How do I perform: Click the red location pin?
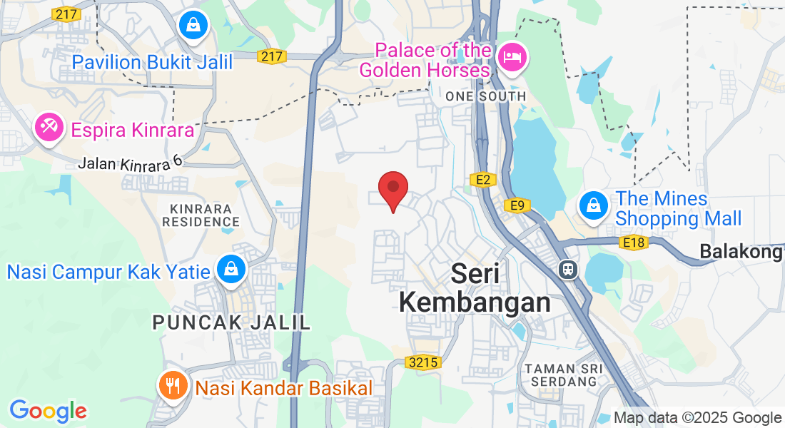(392, 189)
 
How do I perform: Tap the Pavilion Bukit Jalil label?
(152, 62)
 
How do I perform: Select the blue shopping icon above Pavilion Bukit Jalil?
(193, 25)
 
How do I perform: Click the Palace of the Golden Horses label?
(425, 61)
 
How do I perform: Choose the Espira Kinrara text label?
(132, 131)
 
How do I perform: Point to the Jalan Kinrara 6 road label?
(130, 163)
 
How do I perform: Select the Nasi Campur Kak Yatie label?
(108, 272)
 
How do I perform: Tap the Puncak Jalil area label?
(232, 322)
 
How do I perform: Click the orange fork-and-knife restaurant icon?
(172, 387)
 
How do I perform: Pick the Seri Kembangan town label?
(475, 288)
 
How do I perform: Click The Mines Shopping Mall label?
(678, 208)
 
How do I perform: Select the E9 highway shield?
(517, 206)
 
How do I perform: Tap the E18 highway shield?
(634, 243)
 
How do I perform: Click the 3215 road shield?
(423, 362)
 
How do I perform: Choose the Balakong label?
(741, 252)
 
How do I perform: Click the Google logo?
(48, 412)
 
